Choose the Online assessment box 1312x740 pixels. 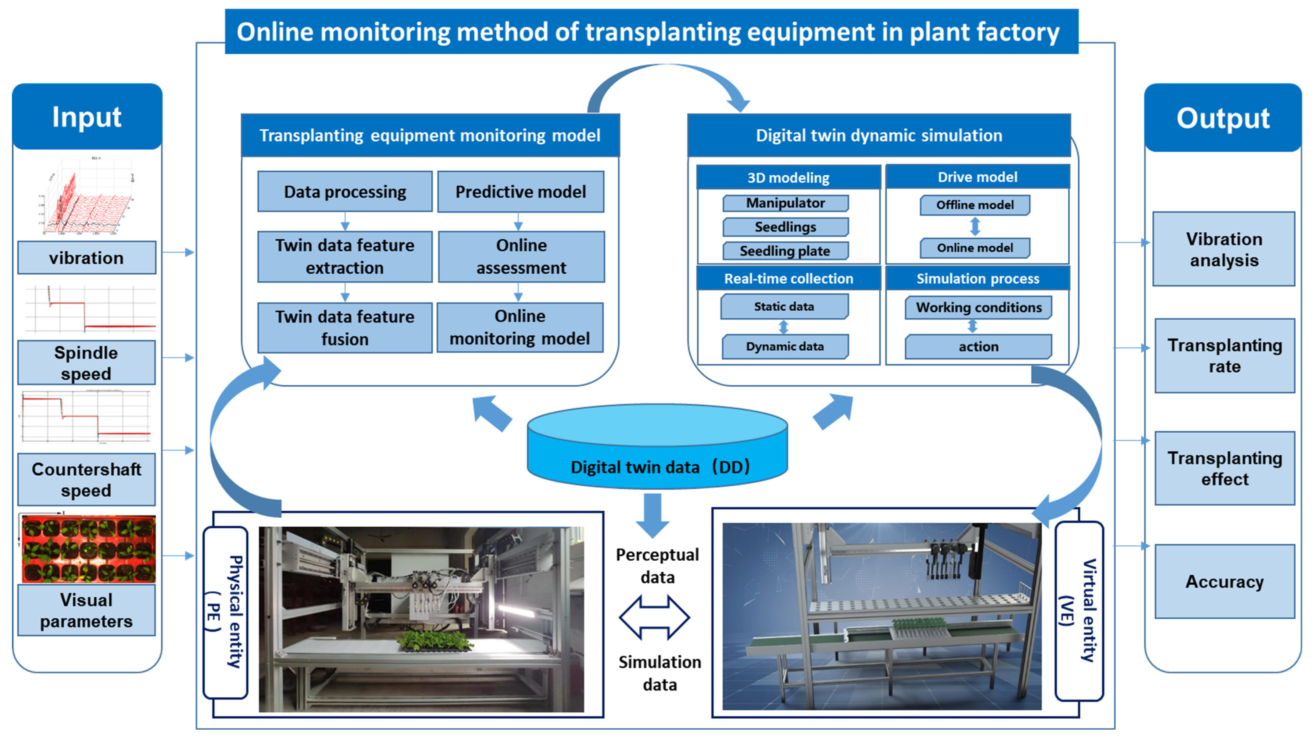[521, 257]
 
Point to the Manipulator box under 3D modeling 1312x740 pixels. [785, 203]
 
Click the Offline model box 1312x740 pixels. [975, 205]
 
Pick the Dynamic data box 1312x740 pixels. [785, 346]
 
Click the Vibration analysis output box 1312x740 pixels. [1224, 249]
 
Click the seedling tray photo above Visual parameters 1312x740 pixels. [88, 549]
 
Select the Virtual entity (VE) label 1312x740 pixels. [1079, 611]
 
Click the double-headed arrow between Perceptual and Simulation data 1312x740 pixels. [654, 617]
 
